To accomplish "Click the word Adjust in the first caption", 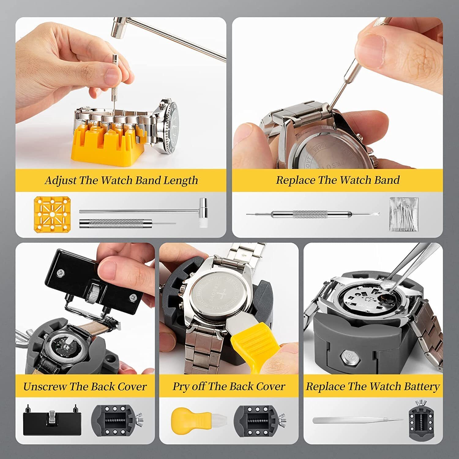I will [61, 181].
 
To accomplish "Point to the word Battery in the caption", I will [421, 386].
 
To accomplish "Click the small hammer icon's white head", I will [203, 222].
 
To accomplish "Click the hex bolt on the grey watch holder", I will [349, 356].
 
